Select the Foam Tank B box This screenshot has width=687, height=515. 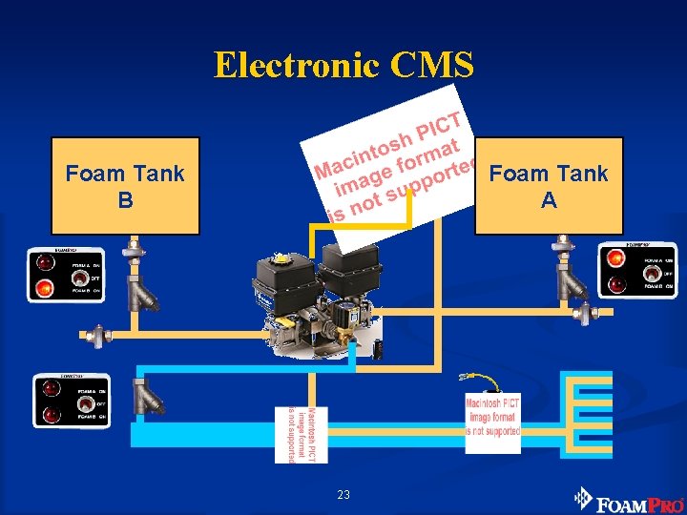(x=125, y=186)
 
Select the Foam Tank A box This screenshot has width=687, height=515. (x=549, y=186)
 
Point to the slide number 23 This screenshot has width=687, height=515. (x=343, y=494)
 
